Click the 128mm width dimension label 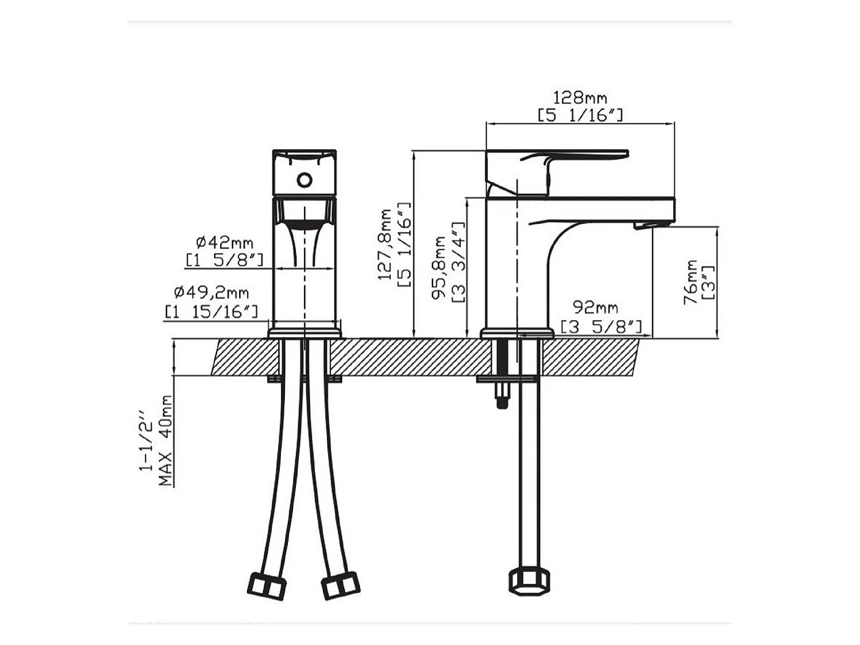pyautogui.click(x=580, y=98)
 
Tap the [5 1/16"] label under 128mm pyautogui.click(x=580, y=115)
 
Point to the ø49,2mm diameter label pyautogui.click(x=212, y=292)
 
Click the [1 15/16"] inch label pyautogui.click(x=212, y=312)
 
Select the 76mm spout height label pyautogui.click(x=690, y=282)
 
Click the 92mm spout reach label pyautogui.click(x=596, y=307)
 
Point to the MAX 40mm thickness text pyautogui.click(x=166, y=440)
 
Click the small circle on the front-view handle pyautogui.click(x=304, y=180)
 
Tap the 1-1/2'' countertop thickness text pyautogui.click(x=146, y=440)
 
